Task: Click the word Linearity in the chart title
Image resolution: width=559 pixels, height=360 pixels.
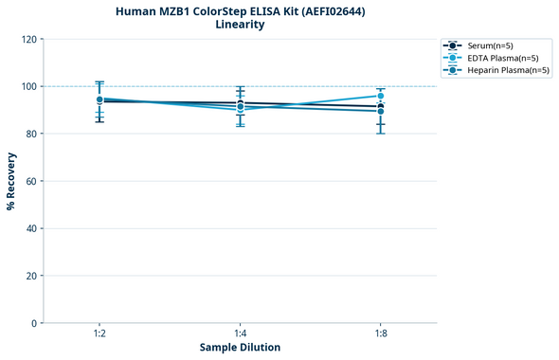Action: (240, 25)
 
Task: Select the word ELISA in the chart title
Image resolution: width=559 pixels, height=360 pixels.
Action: (251, 11)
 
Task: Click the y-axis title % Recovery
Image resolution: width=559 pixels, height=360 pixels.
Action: (11, 180)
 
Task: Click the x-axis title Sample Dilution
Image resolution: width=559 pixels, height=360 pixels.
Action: (240, 348)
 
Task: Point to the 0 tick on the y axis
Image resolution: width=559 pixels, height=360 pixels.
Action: (34, 323)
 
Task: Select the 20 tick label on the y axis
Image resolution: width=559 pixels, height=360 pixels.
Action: (31, 276)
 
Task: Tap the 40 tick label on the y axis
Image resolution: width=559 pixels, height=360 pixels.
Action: (31, 228)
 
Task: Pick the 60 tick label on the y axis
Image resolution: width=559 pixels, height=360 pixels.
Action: (31, 181)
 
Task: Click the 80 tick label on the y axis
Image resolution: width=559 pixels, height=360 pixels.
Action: (31, 134)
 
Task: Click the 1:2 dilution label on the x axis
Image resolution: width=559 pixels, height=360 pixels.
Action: (99, 334)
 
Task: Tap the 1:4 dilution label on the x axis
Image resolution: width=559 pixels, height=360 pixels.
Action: (240, 334)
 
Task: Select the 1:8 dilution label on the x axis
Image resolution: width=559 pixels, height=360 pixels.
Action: (380, 334)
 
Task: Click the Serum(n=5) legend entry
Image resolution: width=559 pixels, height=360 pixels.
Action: (490, 45)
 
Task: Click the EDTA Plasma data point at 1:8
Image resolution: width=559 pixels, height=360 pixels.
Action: (380, 96)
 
